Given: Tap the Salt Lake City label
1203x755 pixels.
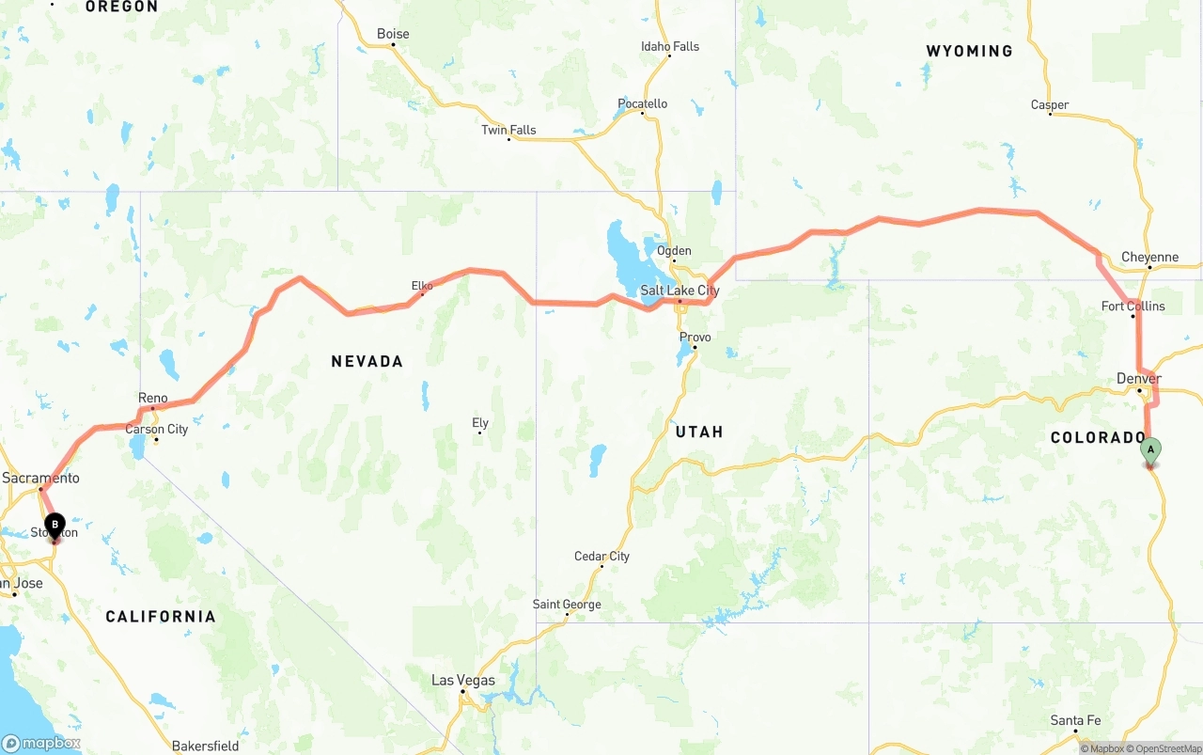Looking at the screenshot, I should coord(680,291).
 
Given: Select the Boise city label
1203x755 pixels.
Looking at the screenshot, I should coord(393,34).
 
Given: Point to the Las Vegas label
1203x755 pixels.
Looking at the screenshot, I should coord(462,680).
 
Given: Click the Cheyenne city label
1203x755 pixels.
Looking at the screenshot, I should coord(1149,257).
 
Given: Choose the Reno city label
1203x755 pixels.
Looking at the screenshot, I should coord(152,398).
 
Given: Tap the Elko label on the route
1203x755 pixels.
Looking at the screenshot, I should coord(422,285).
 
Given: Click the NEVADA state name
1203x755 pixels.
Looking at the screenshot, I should coord(367,361).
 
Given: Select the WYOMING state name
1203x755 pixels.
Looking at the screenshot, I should coord(969,51).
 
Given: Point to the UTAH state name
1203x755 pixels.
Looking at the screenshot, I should coord(699,432).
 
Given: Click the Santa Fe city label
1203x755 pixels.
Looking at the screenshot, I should coord(1075,720).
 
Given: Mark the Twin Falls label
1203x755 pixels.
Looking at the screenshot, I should coord(508,130).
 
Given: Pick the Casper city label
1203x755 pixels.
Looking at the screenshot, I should coord(1050,104).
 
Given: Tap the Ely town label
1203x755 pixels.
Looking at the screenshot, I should coord(480,423).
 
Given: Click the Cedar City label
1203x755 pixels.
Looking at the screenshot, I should coord(601,556).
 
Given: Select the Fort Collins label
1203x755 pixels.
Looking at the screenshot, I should coord(1133,306).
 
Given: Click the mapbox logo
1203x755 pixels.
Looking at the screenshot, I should coord(41,743).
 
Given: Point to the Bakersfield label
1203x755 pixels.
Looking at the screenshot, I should coord(205,746).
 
